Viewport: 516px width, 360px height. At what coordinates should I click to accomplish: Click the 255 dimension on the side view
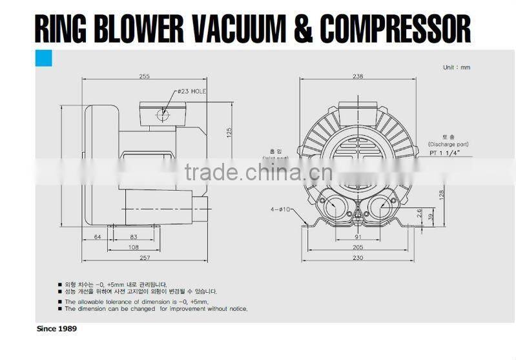click(144, 76)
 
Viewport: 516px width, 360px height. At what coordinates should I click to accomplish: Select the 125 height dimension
click(229, 132)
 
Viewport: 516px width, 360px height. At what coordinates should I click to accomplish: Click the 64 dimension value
click(98, 237)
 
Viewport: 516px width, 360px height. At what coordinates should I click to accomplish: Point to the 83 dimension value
click(134, 237)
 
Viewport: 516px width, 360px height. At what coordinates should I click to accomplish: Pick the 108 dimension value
click(134, 248)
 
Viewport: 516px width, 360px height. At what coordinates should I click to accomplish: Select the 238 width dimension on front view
click(358, 76)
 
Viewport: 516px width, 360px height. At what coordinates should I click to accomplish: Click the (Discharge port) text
click(448, 144)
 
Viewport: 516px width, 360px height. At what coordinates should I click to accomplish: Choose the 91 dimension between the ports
click(358, 237)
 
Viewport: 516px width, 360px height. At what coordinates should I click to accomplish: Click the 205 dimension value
click(358, 248)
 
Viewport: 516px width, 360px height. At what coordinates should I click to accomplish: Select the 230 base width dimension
click(358, 258)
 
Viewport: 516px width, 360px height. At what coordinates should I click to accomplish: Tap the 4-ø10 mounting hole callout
click(282, 209)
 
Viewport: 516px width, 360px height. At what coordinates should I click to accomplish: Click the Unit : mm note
click(456, 67)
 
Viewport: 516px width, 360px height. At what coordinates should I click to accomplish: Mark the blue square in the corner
click(44, 59)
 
